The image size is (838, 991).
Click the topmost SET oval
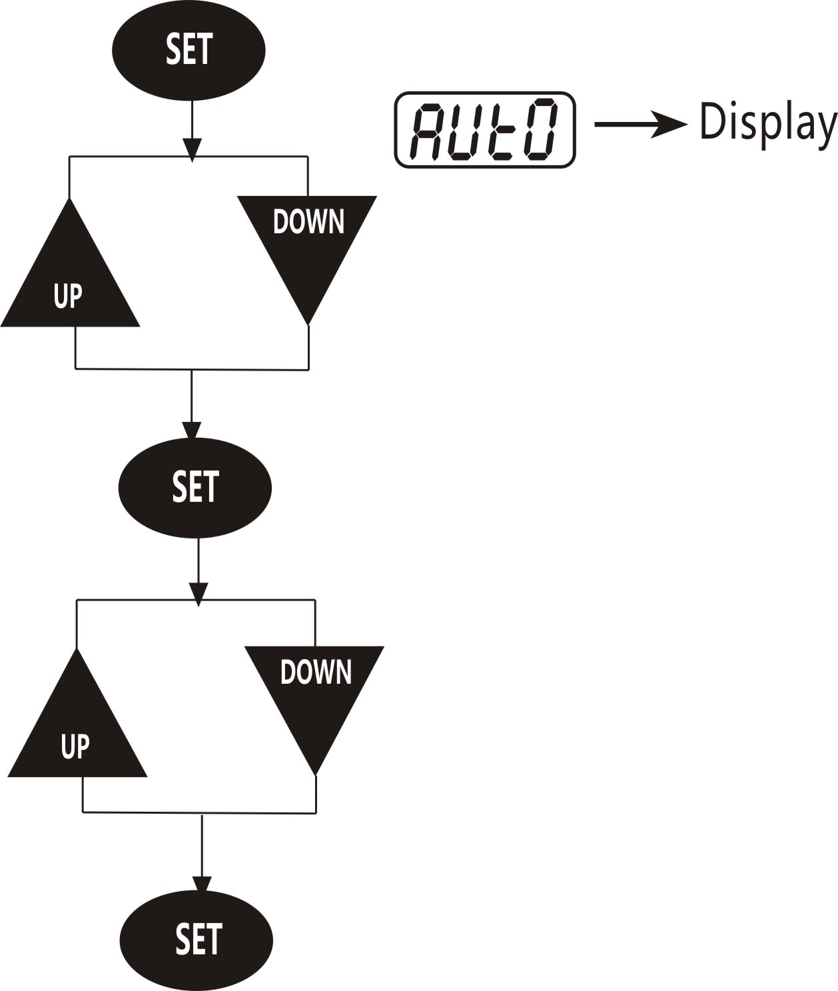[x=189, y=51]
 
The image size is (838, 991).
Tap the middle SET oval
[x=195, y=488]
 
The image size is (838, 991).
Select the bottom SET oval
[x=196, y=940]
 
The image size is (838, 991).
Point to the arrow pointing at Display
[x=641, y=124]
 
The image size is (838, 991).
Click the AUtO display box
[x=484, y=129]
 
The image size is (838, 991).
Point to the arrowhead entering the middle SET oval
[x=192, y=431]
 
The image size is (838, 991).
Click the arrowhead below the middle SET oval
[x=198, y=594]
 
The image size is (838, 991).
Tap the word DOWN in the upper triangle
[x=308, y=221]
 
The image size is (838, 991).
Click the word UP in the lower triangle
[x=75, y=746]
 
